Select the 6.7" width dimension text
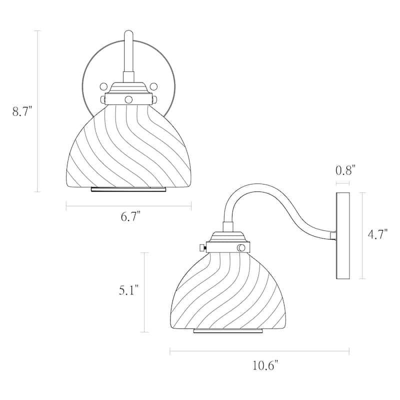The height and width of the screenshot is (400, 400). pyautogui.click(x=131, y=216)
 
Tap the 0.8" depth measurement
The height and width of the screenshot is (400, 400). pyautogui.click(x=344, y=170)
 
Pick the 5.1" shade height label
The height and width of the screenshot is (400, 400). pyautogui.click(x=128, y=290)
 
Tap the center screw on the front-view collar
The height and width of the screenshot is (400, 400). pyautogui.click(x=128, y=99)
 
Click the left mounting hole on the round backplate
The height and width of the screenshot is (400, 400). pyautogui.click(x=103, y=85)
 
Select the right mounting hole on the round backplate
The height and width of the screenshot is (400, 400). pyautogui.click(x=153, y=85)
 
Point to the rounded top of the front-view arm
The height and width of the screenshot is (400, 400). pyautogui.click(x=128, y=34)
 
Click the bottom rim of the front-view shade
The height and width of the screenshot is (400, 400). pyautogui.click(x=128, y=189)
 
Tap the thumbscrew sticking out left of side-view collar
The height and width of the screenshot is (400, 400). pyautogui.click(x=202, y=247)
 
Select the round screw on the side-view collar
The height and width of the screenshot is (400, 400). pyautogui.click(x=241, y=247)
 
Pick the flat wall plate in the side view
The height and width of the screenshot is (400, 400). pyautogui.click(x=342, y=235)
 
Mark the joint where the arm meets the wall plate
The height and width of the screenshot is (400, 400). pyautogui.click(x=333, y=234)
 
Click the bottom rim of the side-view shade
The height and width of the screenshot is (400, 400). pyautogui.click(x=227, y=331)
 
